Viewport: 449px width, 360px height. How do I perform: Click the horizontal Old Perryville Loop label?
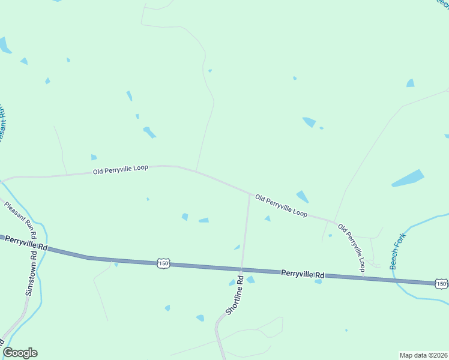pyautogui.click(x=120, y=170)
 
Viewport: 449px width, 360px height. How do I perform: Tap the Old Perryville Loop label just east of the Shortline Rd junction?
pyautogui.click(x=281, y=205)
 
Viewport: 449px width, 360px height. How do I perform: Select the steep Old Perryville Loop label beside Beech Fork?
pyautogui.click(x=352, y=248)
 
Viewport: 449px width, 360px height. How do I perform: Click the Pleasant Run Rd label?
pyautogui.click(x=21, y=219)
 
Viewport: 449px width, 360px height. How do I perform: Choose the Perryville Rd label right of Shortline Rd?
pyautogui.click(x=303, y=274)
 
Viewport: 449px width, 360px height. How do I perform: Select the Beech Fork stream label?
pyautogui.click(x=398, y=250)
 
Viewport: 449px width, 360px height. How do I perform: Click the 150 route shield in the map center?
pyautogui.click(x=163, y=263)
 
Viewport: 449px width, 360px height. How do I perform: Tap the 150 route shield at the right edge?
pyautogui.click(x=441, y=283)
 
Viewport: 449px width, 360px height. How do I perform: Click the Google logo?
pyautogui.click(x=20, y=353)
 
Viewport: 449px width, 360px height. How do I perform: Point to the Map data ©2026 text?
pyautogui.click(x=423, y=355)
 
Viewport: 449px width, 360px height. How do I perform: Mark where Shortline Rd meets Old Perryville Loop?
pyautogui.click(x=250, y=194)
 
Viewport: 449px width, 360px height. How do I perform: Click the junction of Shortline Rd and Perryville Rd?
pyautogui.click(x=242, y=268)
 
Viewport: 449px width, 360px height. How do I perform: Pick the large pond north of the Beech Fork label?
pyautogui.click(x=408, y=178)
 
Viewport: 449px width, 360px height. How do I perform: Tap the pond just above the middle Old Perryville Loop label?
pyautogui.click(x=303, y=196)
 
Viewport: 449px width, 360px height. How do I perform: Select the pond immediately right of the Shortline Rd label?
pyautogui.click(x=250, y=280)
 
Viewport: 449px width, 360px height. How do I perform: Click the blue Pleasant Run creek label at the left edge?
pyautogui.click(x=2, y=123)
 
